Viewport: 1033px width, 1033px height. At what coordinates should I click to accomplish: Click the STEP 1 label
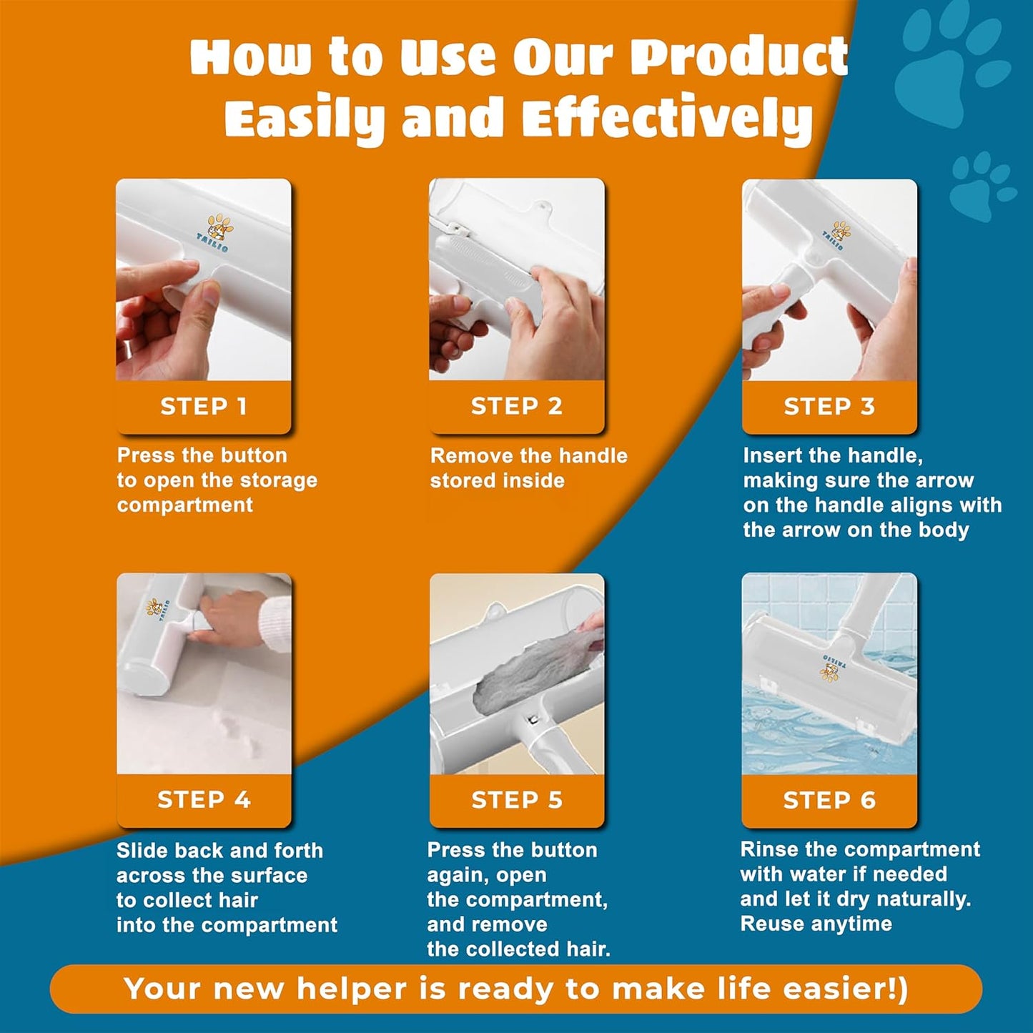[204, 406]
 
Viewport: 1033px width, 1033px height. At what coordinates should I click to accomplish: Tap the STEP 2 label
[516, 406]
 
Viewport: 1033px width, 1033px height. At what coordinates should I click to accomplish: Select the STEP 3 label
[829, 406]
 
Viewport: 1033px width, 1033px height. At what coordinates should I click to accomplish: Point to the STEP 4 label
[204, 799]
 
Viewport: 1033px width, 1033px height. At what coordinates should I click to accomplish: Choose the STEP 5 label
[516, 800]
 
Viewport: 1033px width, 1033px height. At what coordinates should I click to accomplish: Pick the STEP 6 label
[829, 800]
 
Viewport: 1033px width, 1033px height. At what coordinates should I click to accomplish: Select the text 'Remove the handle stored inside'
[528, 468]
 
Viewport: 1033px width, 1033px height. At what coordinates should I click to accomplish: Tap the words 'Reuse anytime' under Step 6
[816, 924]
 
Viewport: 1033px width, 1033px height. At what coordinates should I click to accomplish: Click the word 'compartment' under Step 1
[184, 505]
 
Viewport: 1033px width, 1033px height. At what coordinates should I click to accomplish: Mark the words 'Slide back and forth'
[219, 850]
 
